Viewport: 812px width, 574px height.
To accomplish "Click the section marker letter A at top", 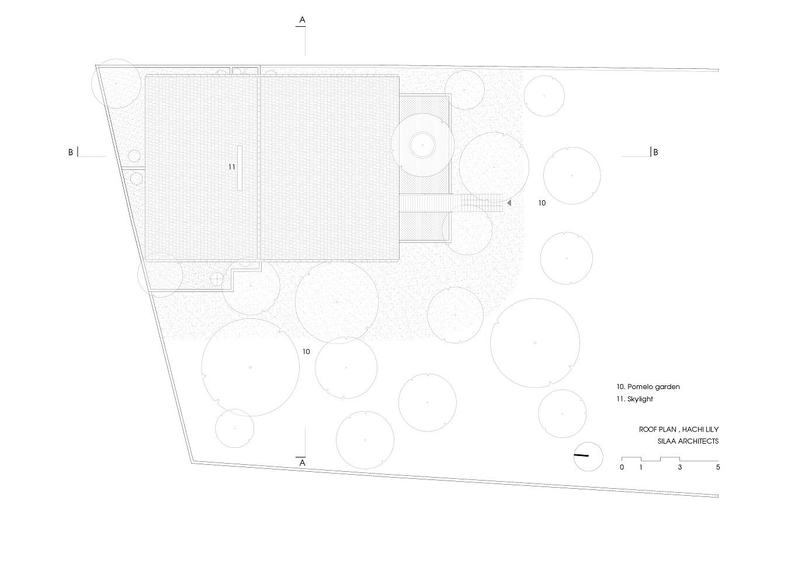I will coord(302,20).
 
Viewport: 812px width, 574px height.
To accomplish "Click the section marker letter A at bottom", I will coord(302,462).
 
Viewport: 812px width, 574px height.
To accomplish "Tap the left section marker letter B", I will coord(71,152).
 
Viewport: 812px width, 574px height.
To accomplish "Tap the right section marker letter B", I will coord(655,152).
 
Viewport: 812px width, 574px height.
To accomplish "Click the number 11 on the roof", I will coord(231,167).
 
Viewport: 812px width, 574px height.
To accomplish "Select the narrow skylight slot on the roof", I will coord(240,167).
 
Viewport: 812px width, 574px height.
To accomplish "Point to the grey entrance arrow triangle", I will coord(509,203).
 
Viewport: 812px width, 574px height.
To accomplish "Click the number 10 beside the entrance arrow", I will coord(542,203).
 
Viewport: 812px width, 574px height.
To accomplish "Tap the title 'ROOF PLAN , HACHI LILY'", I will coord(678,429).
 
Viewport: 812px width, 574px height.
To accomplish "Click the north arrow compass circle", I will coord(588,456).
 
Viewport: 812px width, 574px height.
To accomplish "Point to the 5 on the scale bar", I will coord(718,467).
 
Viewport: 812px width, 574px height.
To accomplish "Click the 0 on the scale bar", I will coord(622,467).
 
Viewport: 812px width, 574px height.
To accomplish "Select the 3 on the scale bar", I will coord(679,467).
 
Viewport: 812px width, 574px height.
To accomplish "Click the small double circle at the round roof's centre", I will coord(422,144).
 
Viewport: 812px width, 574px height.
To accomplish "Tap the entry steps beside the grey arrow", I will coord(482,203).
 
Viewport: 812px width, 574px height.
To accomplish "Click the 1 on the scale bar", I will coord(641,467).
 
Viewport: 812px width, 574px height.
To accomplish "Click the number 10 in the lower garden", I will coord(306,352).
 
